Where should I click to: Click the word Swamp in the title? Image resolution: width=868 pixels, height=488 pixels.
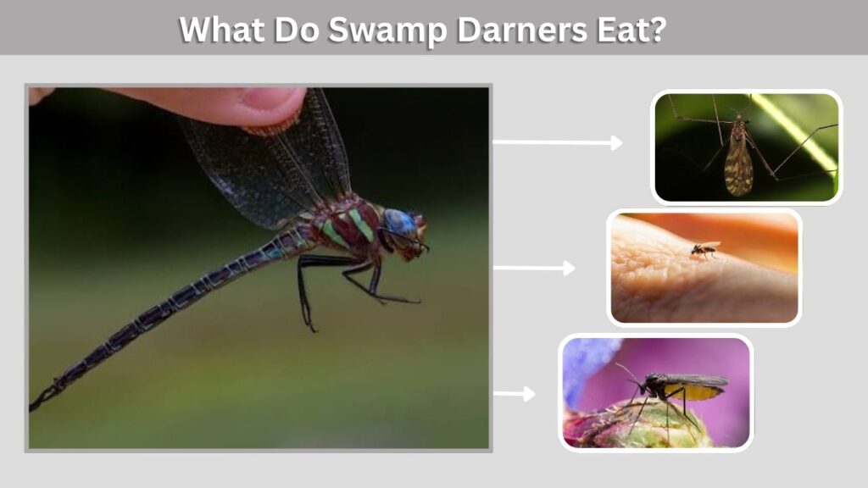pyautogui.click(x=387, y=30)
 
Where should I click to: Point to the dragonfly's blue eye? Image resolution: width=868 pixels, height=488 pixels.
pyautogui.click(x=399, y=221)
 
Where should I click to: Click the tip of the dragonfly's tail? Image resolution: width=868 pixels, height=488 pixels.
pyautogui.click(x=31, y=409)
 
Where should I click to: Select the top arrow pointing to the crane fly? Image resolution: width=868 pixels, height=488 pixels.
pyautogui.click(x=558, y=142)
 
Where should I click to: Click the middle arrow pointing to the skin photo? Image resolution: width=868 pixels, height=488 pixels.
pyautogui.click(x=534, y=268)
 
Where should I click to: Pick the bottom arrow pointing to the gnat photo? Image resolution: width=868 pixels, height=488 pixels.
pyautogui.click(x=515, y=394)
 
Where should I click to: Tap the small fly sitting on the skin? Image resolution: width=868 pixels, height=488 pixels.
pyautogui.click(x=704, y=250)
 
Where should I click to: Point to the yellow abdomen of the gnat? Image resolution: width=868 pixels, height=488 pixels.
pyautogui.click(x=697, y=392)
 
